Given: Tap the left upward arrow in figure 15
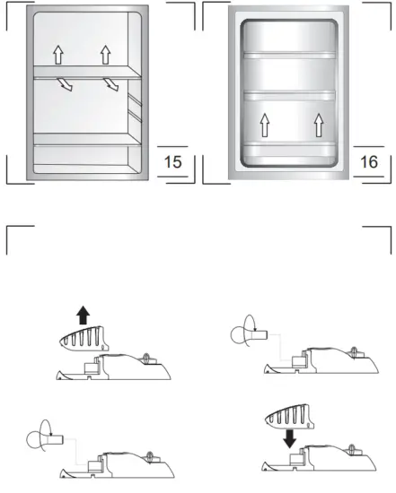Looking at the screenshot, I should coord(58,55).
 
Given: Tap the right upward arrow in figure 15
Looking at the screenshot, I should coord(105,55).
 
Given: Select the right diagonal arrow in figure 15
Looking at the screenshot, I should coord(111,85).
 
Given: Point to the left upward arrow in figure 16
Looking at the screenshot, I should coord(265,125).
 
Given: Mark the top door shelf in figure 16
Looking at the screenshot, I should coord(290,55).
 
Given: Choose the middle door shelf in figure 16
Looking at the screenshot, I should coord(290,94).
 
